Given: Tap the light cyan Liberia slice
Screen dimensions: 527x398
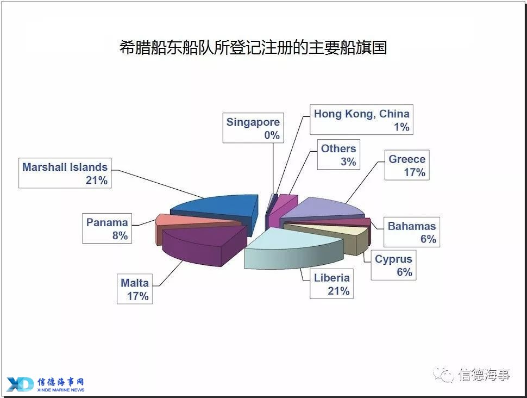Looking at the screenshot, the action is (x=292, y=249).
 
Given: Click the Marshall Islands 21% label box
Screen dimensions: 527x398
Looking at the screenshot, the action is (x=65, y=173).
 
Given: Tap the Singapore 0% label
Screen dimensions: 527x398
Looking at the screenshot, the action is (x=253, y=128).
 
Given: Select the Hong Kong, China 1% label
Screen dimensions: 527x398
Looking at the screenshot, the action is (x=361, y=120).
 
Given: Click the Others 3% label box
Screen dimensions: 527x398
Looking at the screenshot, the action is (x=338, y=154).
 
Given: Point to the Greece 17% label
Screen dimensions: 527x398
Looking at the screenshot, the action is (x=407, y=165).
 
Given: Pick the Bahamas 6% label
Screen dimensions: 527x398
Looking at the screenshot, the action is (x=412, y=232).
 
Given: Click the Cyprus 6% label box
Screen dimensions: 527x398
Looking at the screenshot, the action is (x=393, y=265).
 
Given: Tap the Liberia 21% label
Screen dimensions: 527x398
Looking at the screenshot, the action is (x=331, y=284).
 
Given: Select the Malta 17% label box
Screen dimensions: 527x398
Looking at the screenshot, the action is (x=134, y=289).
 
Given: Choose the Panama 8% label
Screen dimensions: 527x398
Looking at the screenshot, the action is (x=107, y=228).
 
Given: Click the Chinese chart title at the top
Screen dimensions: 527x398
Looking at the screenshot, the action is (x=253, y=47).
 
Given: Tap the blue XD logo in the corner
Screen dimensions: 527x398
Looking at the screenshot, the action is (x=20, y=384).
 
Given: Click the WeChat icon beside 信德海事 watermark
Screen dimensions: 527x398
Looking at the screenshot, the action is (x=443, y=375).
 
